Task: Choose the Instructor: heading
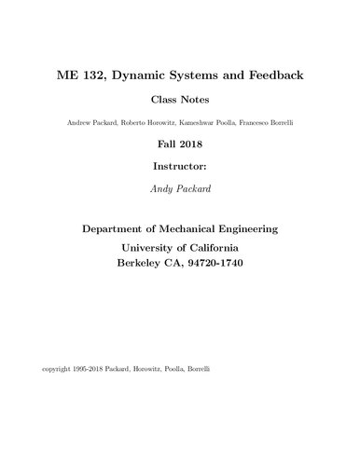pyautogui.click(x=180, y=170)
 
